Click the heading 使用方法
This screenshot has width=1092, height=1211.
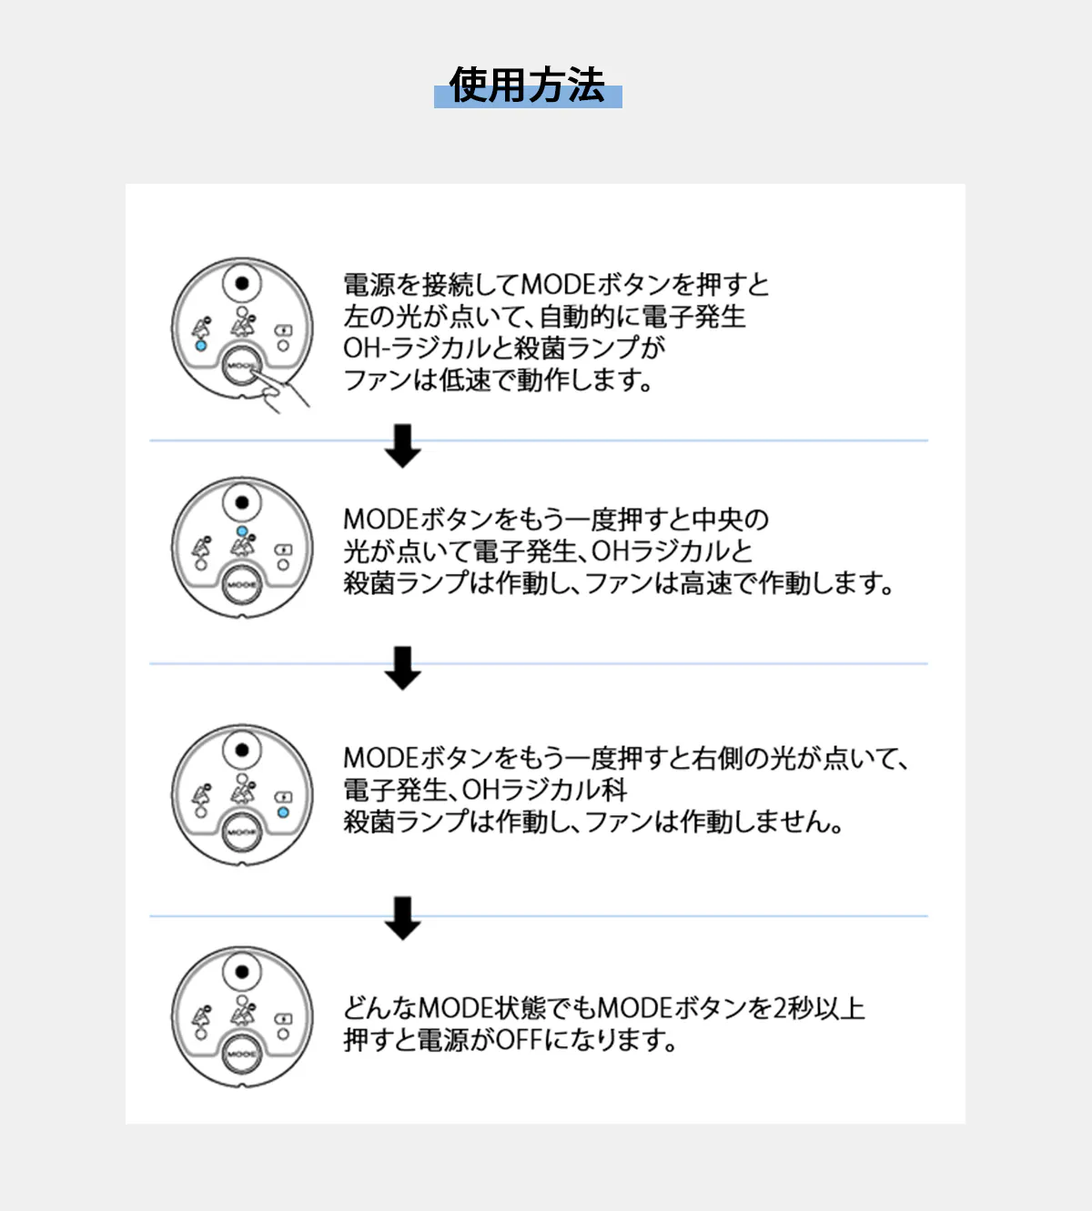click(x=527, y=86)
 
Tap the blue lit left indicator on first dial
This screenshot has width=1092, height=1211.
click(x=201, y=346)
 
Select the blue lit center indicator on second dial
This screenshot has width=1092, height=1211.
click(x=242, y=530)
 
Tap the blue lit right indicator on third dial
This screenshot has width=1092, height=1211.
click(x=283, y=812)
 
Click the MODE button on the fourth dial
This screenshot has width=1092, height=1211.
click(x=242, y=1054)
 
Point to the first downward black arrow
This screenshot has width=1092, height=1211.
click(x=402, y=446)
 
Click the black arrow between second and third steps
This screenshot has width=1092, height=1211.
click(x=402, y=668)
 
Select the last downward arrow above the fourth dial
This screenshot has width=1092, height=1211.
click(x=402, y=918)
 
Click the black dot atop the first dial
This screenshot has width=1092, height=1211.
click(x=242, y=283)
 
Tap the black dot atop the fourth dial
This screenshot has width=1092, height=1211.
click(x=242, y=972)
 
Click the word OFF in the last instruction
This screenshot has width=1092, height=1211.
click(x=519, y=1039)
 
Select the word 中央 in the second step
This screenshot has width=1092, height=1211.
click(x=718, y=520)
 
